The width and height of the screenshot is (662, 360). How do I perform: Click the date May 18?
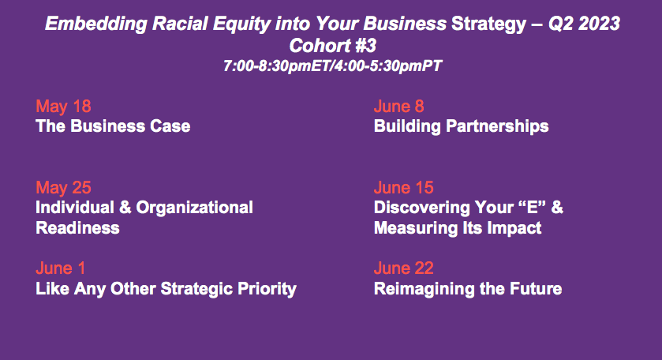pyautogui.click(x=63, y=107)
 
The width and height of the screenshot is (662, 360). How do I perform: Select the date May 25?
pyautogui.click(x=63, y=188)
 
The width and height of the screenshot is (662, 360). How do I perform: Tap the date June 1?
pyautogui.click(x=61, y=268)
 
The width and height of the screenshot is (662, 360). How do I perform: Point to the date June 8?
pyautogui.click(x=398, y=107)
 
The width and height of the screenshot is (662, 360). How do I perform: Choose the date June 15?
pyautogui.click(x=404, y=188)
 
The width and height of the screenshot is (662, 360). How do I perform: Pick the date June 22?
pyautogui.click(x=404, y=268)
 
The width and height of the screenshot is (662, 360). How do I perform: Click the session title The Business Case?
pyautogui.click(x=113, y=126)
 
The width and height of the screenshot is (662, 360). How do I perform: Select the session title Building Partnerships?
pyautogui.click(x=461, y=127)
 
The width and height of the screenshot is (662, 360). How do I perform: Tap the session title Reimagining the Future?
pyautogui.click(x=468, y=290)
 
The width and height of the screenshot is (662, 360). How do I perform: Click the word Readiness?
pyautogui.click(x=77, y=228)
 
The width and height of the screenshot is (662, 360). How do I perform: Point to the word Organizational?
pyautogui.click(x=195, y=208)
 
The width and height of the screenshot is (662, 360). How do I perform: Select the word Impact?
pyautogui.click(x=514, y=229)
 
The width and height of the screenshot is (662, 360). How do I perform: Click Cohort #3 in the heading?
pyautogui.click(x=333, y=46)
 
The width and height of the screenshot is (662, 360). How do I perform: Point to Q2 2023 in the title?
pyautogui.click(x=584, y=24)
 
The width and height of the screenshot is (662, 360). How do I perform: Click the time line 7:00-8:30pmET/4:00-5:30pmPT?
pyautogui.click(x=333, y=66)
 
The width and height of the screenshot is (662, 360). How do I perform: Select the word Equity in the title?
pyautogui.click(x=241, y=24)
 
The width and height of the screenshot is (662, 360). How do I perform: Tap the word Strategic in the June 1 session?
pyautogui.click(x=196, y=290)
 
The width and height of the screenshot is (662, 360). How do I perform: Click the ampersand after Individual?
pyautogui.click(x=125, y=208)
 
